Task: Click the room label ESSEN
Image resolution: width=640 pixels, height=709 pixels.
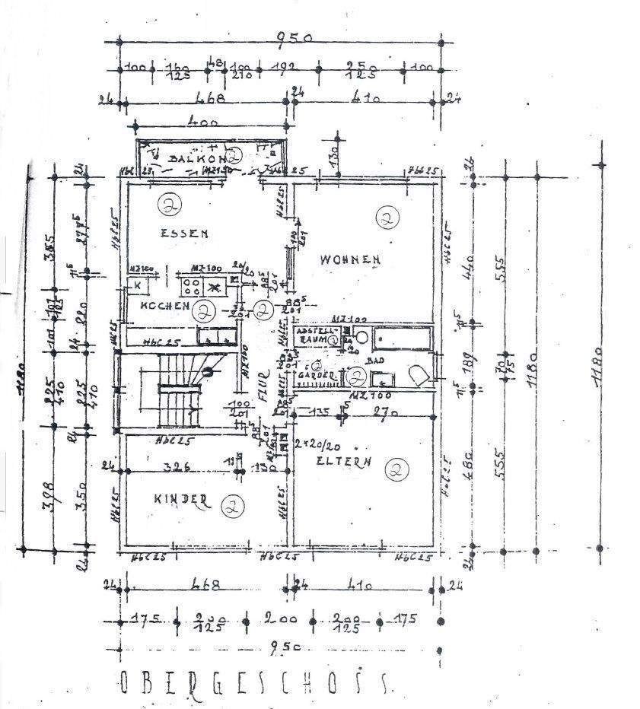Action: pyautogui.click(x=183, y=234)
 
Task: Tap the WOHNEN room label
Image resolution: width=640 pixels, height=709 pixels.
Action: pyautogui.click(x=350, y=260)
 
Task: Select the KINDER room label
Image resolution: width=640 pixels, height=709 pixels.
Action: pyautogui.click(x=181, y=499)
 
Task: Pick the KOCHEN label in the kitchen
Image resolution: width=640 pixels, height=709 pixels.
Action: pyautogui.click(x=164, y=306)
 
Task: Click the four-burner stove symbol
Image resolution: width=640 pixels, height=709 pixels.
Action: pyautogui.click(x=190, y=288)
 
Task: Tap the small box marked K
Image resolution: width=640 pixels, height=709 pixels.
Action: pyautogui.click(x=137, y=285)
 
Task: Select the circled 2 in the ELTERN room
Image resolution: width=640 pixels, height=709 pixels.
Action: pyautogui.click(x=396, y=471)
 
